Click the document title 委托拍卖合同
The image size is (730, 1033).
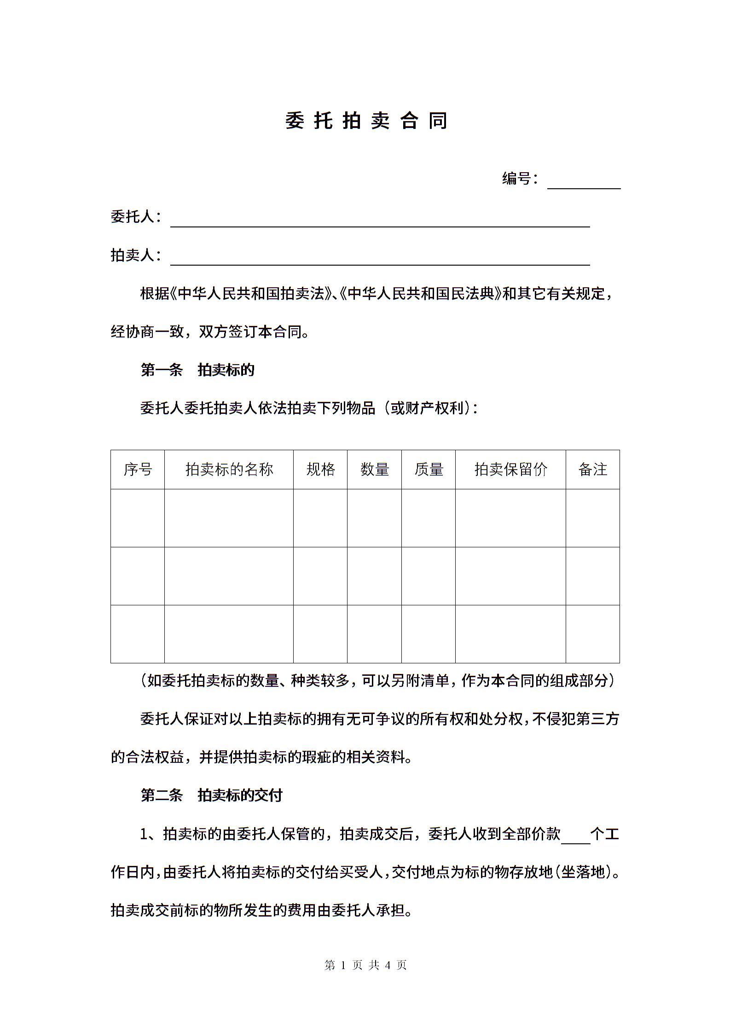pos(366,121)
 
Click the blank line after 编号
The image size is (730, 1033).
pos(584,183)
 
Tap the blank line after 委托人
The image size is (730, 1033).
pos(380,221)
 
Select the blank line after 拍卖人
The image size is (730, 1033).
pos(380,260)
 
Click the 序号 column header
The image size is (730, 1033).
pos(138,470)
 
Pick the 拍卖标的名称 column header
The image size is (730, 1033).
pos(229,470)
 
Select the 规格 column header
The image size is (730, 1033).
pos(320,470)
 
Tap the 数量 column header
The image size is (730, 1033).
pos(374,470)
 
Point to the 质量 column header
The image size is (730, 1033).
pos(429,470)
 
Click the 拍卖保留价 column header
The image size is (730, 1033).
pos(510,470)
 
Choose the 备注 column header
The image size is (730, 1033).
pos(593,470)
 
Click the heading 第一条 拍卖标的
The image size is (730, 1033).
pos(197,370)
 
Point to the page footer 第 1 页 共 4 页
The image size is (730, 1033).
pos(365,965)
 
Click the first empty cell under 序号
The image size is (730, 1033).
pos(138,518)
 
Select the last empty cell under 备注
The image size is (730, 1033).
pos(593,634)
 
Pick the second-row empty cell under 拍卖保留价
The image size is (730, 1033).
pos(510,576)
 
